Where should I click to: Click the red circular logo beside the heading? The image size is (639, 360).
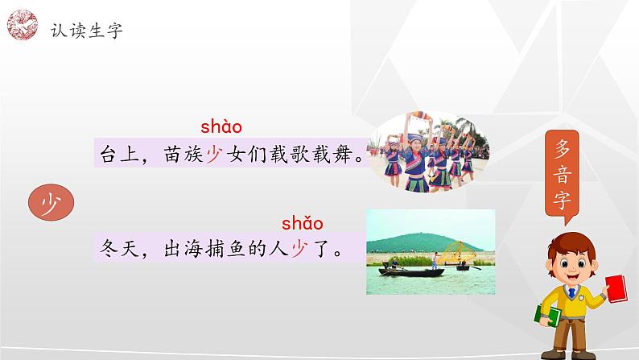(23, 25)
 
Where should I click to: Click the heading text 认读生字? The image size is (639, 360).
(86, 31)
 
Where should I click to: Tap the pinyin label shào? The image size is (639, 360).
(221, 126)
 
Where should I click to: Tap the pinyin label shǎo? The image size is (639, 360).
(303, 223)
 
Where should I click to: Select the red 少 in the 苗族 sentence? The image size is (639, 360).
(215, 154)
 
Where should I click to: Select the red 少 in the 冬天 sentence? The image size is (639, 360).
(299, 248)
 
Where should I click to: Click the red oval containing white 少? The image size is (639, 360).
(51, 203)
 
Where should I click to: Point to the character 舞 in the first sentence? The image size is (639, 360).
(342, 154)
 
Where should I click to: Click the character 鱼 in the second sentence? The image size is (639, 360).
(236, 248)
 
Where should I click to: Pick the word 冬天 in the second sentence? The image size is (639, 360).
(119, 248)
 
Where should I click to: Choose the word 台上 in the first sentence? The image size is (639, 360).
(119, 154)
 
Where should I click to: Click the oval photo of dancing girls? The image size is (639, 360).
(428, 151)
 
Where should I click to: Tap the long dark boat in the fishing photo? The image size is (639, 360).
(411, 272)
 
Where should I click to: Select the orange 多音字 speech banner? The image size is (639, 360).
(562, 175)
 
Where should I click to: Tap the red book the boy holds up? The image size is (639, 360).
(616, 288)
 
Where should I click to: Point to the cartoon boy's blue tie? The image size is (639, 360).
(571, 292)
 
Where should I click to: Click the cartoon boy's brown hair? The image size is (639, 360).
(571, 243)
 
